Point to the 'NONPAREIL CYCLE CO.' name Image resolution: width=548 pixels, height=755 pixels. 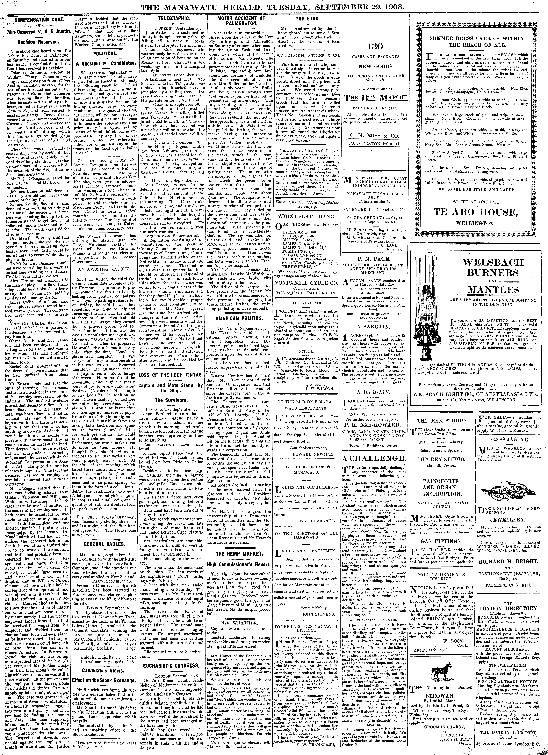click(306, 283)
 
